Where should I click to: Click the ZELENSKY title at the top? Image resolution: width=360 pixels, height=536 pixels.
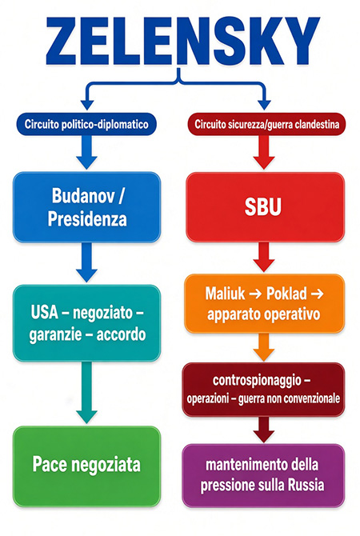pyautogui.click(x=183, y=41)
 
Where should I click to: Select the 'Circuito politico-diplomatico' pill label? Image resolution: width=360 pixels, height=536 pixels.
pyautogui.click(x=86, y=124)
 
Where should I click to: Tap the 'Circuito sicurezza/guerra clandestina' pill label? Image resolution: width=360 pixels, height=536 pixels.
pyautogui.click(x=266, y=124)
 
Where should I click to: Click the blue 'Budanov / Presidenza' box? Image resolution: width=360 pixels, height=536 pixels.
pyautogui.click(x=87, y=207)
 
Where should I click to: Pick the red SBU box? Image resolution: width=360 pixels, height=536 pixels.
pyautogui.click(x=265, y=207)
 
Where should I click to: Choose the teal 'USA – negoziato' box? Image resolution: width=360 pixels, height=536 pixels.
pyautogui.click(x=87, y=323)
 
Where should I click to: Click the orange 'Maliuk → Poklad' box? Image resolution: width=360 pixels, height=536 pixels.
pyautogui.click(x=264, y=303)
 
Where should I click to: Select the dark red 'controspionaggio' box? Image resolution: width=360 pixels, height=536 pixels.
pyautogui.click(x=263, y=390)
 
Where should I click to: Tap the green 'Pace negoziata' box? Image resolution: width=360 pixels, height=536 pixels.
pyautogui.click(x=87, y=466)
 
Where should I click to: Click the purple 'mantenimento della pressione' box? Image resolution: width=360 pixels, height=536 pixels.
pyautogui.click(x=263, y=475)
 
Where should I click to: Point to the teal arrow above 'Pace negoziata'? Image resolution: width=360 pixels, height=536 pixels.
pyautogui.click(x=87, y=393)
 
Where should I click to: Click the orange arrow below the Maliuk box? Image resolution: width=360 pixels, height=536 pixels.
pyautogui.click(x=263, y=347)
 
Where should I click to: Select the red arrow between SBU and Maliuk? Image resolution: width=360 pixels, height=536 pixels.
pyautogui.click(x=263, y=257)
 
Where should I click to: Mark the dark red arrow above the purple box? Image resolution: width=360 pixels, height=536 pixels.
pyautogui.click(x=263, y=430)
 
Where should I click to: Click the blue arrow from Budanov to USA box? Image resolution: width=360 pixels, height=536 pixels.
pyautogui.click(x=87, y=262)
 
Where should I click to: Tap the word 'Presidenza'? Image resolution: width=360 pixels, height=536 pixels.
pyautogui.click(x=87, y=219)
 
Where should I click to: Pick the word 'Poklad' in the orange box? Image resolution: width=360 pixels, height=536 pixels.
pyautogui.click(x=286, y=294)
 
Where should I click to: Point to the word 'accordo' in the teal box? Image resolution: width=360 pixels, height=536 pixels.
pyautogui.click(x=121, y=334)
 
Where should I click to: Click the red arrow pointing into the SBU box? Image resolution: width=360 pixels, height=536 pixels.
pyautogui.click(x=263, y=153)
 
